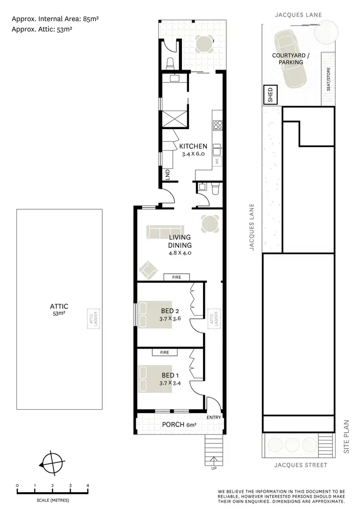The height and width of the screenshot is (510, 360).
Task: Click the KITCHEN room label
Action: [193, 146]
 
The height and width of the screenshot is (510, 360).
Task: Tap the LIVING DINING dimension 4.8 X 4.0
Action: [180, 253]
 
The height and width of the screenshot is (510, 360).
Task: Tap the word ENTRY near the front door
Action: [214, 418]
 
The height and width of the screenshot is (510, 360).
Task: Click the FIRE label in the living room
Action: [177, 277]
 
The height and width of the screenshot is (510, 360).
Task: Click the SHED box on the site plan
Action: [270, 95]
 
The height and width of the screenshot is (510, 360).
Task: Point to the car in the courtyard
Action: [291, 60]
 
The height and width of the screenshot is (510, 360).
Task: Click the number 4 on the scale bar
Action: [88, 486]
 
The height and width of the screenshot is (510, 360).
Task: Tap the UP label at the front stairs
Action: [213, 469]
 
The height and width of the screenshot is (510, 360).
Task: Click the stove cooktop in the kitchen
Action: [217, 125]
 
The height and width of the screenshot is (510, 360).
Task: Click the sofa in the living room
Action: [164, 231]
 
